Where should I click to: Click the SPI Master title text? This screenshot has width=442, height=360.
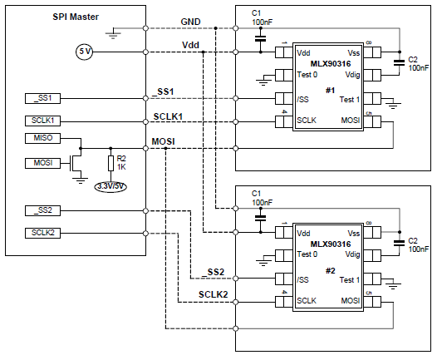[76, 17]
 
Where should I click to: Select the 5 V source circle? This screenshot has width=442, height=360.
[85, 52]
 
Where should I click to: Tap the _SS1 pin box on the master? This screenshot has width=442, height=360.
[42, 98]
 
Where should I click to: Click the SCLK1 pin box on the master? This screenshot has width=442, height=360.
[42, 121]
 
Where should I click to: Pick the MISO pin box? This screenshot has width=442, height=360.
[42, 138]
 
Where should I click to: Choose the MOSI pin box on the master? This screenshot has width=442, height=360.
[42, 163]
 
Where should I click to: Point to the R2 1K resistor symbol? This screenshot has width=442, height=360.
[110, 163]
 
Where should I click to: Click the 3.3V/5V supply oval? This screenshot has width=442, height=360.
[110, 186]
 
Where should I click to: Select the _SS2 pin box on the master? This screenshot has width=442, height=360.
[42, 210]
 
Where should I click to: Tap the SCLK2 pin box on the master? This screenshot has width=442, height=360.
[42, 233]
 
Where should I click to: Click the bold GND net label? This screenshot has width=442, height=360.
[190, 22]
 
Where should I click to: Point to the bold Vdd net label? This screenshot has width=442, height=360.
[190, 45]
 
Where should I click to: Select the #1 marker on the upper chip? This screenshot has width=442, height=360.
[330, 91]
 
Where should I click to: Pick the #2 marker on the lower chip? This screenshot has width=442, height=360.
[330, 271]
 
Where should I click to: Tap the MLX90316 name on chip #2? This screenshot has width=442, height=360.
[331, 244]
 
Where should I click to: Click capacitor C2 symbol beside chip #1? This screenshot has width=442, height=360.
[399, 62]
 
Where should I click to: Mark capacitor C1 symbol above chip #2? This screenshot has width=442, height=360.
[261, 218]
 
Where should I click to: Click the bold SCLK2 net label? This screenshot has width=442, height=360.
[213, 294]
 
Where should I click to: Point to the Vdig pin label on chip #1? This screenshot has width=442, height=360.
[352, 75]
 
